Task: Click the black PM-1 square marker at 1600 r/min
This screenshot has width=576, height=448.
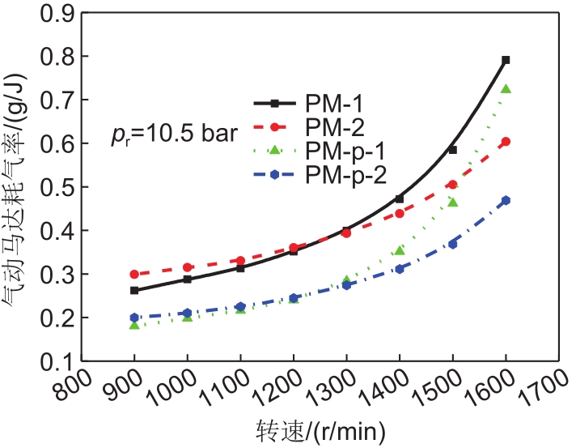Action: click(506, 60)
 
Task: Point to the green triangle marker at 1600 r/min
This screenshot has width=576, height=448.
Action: click(506, 89)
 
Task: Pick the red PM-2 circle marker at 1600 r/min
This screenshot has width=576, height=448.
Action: click(506, 142)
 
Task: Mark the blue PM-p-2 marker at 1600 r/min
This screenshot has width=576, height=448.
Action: click(506, 200)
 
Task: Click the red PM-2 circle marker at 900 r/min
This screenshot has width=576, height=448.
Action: click(134, 275)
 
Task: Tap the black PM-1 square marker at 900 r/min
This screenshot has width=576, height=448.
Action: click(134, 290)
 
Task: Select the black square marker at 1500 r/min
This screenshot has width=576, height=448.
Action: click(452, 150)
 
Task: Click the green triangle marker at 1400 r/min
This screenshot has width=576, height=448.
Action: click(400, 250)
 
